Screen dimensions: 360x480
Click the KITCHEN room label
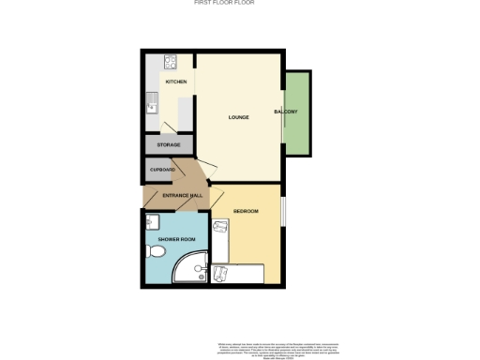176,82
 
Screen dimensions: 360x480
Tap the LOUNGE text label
238,118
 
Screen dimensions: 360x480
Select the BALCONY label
286,112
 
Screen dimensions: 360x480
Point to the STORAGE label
169,145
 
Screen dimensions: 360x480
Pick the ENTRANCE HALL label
183,195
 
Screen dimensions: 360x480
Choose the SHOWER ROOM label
174,239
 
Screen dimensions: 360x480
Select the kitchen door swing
169,129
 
